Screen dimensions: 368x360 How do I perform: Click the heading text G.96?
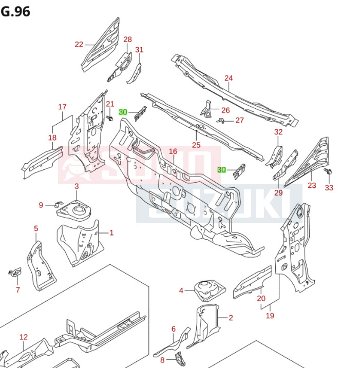[x=15, y=10]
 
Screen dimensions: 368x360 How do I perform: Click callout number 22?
[x=79, y=44]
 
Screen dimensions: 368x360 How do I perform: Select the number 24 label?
[x=229, y=79]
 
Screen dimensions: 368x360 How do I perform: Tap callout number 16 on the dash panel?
[x=173, y=151]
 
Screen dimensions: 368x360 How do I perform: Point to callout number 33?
[x=329, y=187]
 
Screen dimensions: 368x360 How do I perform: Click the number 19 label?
[x=270, y=316]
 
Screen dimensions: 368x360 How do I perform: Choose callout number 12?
[x=24, y=337]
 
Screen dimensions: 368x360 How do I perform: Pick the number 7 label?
[x=17, y=290]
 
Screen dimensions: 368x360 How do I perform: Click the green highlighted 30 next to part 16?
[x=221, y=170]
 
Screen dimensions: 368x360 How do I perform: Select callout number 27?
[x=240, y=120]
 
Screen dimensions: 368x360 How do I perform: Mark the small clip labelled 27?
[x=221, y=121]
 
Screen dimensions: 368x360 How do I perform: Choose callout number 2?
[x=231, y=318]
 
